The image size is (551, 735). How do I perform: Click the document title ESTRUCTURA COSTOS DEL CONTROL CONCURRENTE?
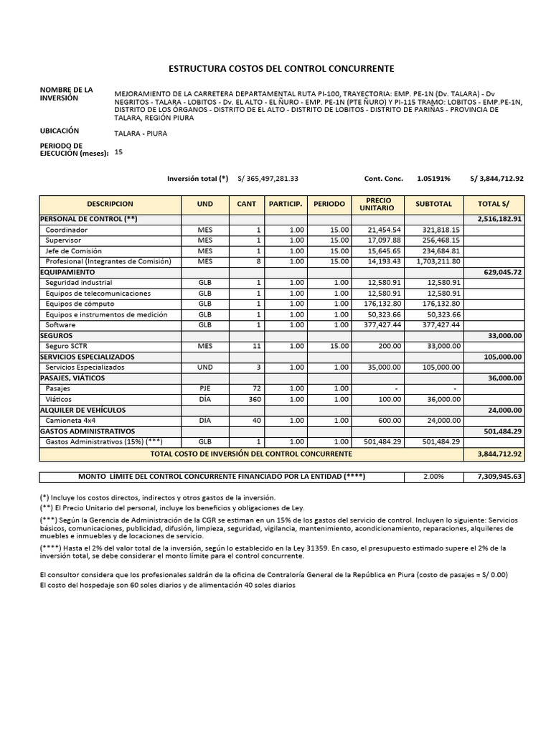(281, 68)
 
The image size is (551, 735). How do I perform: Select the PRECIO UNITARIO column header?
(379, 204)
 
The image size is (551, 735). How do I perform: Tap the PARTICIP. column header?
(286, 204)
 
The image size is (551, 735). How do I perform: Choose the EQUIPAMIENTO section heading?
(67, 273)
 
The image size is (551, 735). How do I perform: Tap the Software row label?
(60, 325)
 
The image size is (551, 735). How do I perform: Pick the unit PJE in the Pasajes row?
(205, 388)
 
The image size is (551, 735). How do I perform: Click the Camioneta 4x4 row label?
(70, 420)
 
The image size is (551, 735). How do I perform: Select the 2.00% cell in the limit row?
(434, 477)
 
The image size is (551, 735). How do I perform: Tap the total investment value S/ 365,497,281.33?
(268, 179)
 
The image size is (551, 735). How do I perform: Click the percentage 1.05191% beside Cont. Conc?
(434, 179)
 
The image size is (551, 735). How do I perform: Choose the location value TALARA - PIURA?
(141, 134)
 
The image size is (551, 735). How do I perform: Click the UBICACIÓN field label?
(60, 131)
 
